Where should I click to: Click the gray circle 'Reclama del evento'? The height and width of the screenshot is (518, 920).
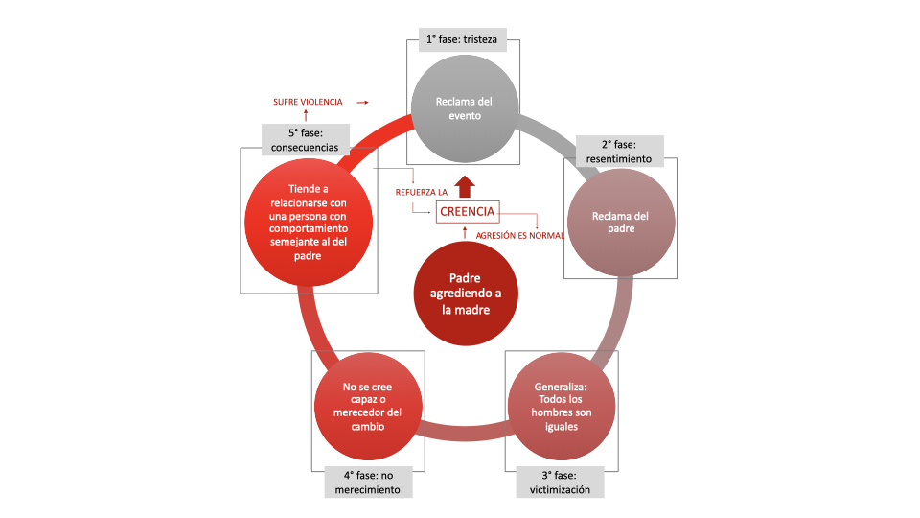464,108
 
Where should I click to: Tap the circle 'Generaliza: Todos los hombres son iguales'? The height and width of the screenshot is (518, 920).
562,407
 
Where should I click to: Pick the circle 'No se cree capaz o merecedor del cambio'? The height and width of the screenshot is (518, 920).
368,407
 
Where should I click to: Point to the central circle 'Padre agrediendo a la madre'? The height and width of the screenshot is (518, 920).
464,294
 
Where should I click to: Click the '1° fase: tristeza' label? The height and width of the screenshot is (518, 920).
462,41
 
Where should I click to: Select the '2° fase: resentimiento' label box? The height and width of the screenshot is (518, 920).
619,152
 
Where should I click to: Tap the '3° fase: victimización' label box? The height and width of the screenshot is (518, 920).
561,483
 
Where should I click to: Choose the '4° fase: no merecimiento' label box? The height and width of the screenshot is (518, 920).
368,483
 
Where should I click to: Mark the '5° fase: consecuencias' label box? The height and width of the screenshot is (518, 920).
305,140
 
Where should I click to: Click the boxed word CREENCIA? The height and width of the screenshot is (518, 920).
467,211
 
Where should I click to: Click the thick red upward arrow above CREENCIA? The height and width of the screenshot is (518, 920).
465,186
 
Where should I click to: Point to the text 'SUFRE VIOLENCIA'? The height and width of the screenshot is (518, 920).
308,102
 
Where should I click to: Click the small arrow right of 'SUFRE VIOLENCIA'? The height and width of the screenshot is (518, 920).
361,102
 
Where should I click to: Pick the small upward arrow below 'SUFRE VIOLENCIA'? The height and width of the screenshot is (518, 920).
306,116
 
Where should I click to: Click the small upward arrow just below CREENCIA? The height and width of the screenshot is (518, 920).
465,231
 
